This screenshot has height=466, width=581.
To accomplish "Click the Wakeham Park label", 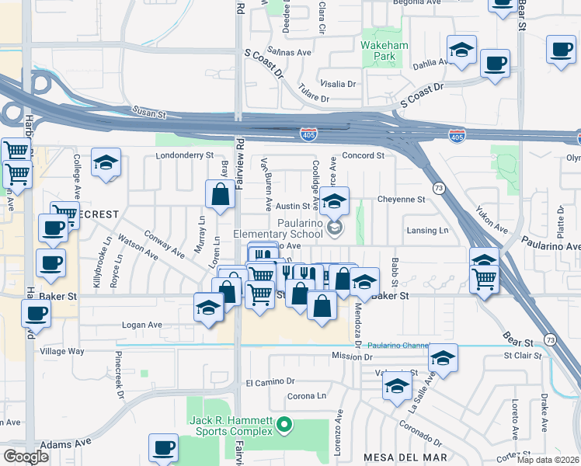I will [384, 50].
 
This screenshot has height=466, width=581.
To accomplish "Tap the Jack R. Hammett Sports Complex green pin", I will [284, 424].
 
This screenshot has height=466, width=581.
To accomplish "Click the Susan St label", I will [150, 113].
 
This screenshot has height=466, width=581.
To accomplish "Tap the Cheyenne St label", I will [402, 199].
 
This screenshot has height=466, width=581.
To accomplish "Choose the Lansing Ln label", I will [428, 231].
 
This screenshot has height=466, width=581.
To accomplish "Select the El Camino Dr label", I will [270, 382].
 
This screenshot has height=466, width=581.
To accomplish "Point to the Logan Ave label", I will [144, 325].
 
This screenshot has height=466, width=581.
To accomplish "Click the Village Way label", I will [62, 351].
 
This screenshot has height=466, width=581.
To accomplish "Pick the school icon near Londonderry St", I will [106, 162].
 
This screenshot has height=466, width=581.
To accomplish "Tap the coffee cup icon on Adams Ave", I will [164, 448].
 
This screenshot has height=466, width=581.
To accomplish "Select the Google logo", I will [26, 457].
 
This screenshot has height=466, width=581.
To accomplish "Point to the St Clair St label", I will [522, 356].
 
